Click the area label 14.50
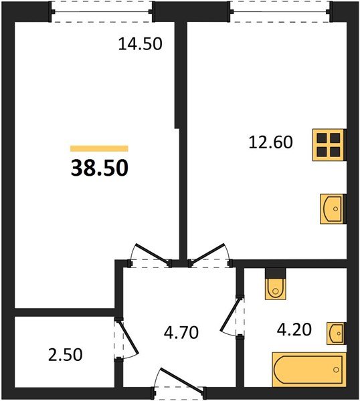(140, 43)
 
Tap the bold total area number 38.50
(99, 168)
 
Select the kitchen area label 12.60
(270, 142)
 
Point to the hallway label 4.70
(181, 332)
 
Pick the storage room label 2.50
(66, 355)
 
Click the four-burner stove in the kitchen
(329, 145)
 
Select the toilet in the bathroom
(276, 284)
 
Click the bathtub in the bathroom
(309, 370)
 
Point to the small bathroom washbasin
(337, 333)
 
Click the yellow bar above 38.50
(99, 148)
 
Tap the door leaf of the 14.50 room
(152, 254)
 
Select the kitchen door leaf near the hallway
(208, 254)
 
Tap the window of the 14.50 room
(102, 12)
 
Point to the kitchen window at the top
(280, 11)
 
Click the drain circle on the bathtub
(336, 370)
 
